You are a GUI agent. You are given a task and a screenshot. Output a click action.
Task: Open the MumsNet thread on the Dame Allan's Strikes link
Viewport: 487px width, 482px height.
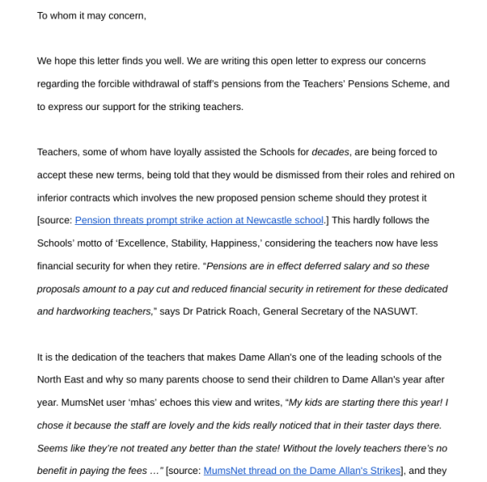pos(302,471)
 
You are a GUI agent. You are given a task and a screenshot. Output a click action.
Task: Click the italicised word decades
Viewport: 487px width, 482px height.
pos(330,152)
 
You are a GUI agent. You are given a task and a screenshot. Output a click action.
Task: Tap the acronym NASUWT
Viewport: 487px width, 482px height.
pos(395,311)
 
